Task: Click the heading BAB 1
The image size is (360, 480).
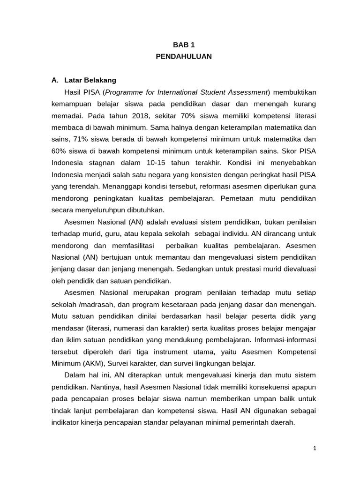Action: click(183, 45)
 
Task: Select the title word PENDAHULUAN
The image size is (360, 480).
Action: click(183, 57)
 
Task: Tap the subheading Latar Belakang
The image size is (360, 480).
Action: click(90, 80)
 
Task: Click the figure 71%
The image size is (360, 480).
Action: click(78, 139)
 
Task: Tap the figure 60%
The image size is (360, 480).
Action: click(60, 151)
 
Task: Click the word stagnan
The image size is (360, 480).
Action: click(104, 163)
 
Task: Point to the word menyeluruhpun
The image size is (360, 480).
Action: click(105, 210)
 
